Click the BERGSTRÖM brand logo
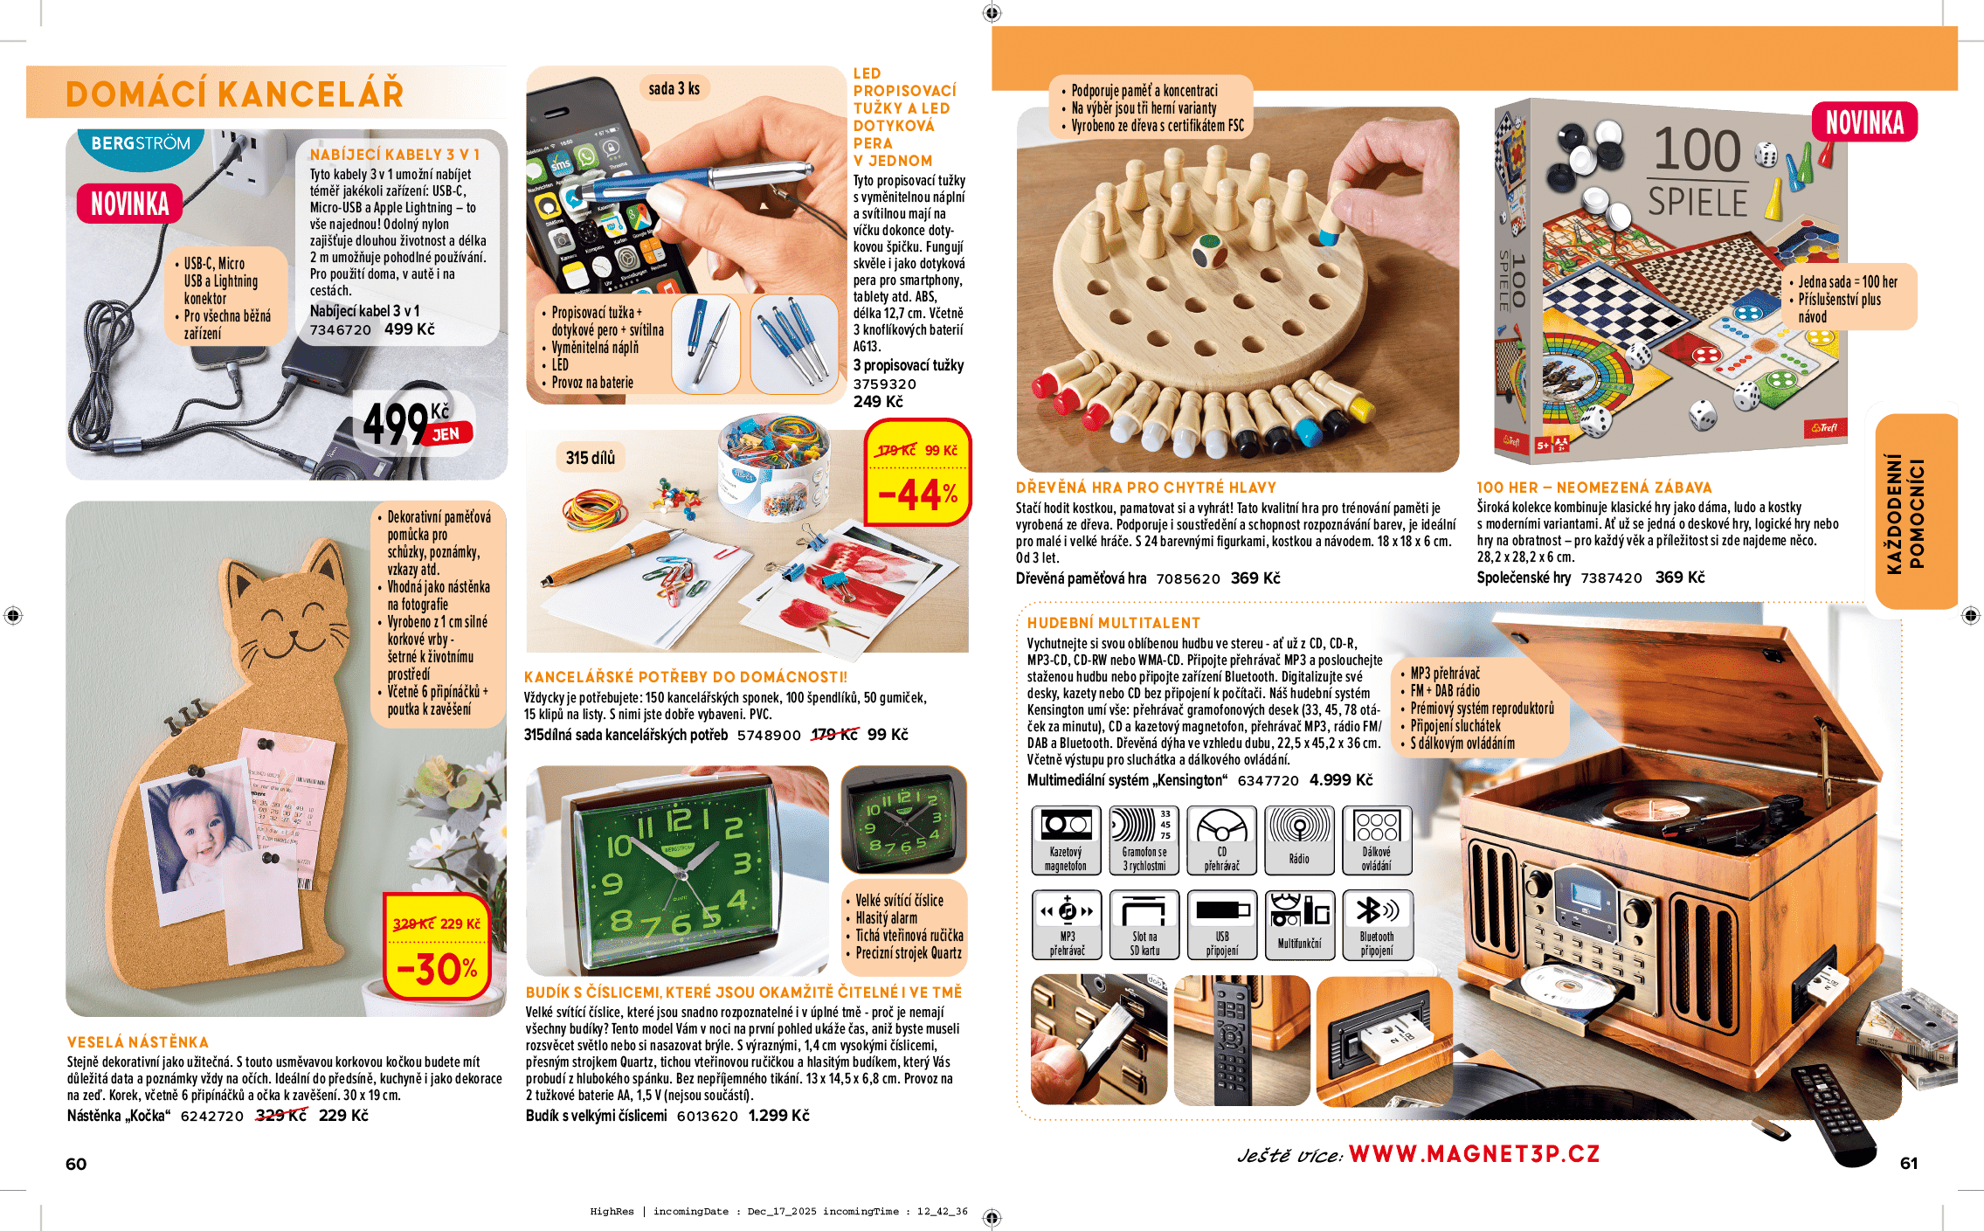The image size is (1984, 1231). pyautogui.click(x=140, y=143)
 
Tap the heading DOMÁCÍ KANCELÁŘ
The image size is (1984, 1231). pyautogui.click(x=234, y=94)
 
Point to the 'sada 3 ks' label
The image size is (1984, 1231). pyautogui.click(x=674, y=88)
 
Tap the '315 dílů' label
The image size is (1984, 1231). pyautogui.click(x=590, y=458)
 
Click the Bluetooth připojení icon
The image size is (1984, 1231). pyautogui.click(x=1377, y=924)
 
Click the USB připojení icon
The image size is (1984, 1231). pyautogui.click(x=1221, y=924)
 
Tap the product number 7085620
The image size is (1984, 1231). pyautogui.click(x=1187, y=578)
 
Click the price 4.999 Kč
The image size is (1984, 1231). pyautogui.click(x=1340, y=780)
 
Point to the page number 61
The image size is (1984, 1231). pyautogui.click(x=1909, y=1163)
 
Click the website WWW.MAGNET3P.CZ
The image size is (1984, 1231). pyautogui.click(x=1474, y=1154)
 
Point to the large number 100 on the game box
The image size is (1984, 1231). pyautogui.click(x=1697, y=150)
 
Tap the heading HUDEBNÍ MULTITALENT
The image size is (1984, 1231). pyautogui.click(x=1113, y=623)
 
